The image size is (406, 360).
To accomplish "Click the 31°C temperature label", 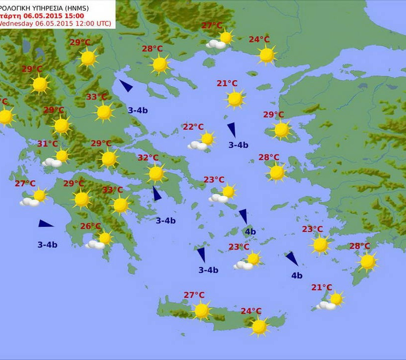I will (48, 144).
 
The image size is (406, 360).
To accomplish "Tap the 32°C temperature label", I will (148, 158).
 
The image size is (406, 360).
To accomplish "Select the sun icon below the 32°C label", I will (156, 173).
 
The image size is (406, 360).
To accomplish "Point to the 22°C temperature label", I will (193, 127).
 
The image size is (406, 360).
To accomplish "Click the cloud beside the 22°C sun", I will (197, 146).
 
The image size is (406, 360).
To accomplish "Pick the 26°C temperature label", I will (91, 226).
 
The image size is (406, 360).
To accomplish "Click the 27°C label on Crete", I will (194, 295).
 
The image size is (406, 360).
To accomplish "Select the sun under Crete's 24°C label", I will (259, 327).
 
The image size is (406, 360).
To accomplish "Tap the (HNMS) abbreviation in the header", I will (96, 6).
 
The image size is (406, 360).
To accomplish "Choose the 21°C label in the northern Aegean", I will (227, 84).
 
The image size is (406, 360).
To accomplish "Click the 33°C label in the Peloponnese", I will (112, 190).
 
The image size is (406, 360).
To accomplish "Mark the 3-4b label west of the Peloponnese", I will (48, 244).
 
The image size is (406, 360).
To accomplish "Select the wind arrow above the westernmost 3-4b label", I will (46, 224).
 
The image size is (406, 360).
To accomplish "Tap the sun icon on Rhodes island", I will (367, 262).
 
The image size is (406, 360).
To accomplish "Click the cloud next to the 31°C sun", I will (51, 162).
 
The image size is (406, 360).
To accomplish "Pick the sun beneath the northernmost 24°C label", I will (267, 55).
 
